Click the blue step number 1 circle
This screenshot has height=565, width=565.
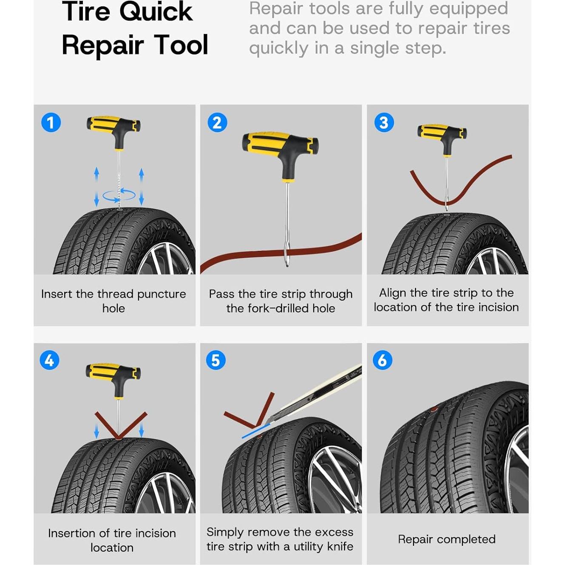51,122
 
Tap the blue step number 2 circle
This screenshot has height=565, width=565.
217,122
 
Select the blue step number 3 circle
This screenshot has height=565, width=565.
384,122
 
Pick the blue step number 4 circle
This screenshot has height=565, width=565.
50,360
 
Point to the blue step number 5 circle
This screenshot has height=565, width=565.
216,360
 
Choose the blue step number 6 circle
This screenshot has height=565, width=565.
383,360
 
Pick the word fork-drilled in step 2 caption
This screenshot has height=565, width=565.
280,308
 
